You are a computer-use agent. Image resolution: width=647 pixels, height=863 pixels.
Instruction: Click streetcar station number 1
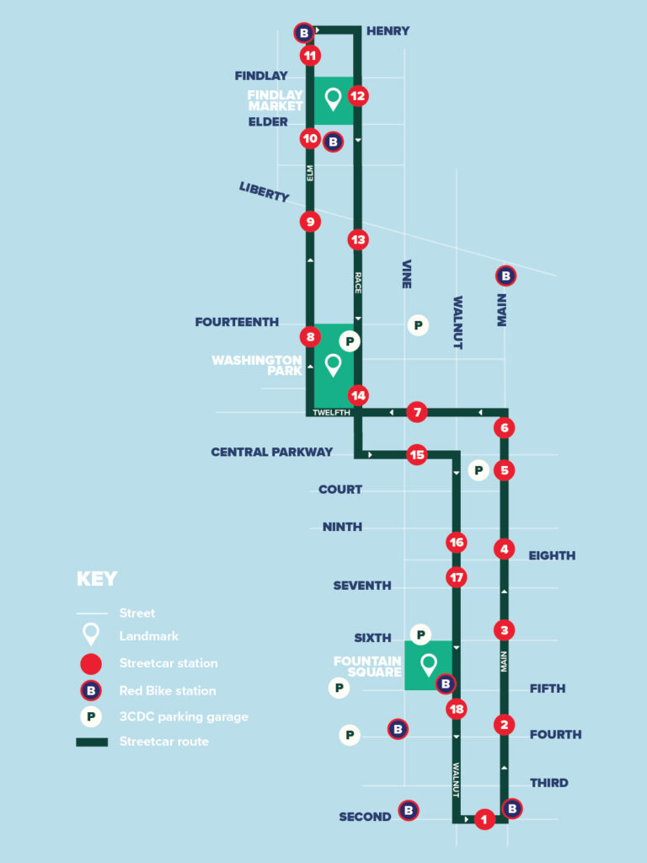(484, 818)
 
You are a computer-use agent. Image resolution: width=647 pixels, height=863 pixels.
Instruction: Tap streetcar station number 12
(358, 96)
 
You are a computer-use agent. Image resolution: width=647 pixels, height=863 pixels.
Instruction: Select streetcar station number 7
(416, 412)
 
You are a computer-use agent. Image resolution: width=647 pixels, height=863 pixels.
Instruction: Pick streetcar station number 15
(416, 454)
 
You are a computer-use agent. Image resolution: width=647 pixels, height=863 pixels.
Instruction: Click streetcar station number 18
(457, 709)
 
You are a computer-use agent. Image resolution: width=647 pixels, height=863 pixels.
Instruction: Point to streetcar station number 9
(311, 222)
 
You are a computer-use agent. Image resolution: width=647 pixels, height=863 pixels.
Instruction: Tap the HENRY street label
(388, 31)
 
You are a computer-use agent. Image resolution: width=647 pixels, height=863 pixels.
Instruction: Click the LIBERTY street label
(264, 191)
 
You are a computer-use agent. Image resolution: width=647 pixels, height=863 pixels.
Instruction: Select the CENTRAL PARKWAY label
(271, 452)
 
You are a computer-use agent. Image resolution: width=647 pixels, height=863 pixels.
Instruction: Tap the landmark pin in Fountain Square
(428, 665)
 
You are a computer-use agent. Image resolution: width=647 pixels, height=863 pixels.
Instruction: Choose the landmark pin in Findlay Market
(333, 99)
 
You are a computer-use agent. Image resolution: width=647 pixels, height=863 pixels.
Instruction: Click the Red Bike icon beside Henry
(304, 33)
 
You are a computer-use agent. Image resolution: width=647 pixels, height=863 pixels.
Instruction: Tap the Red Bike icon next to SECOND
(409, 811)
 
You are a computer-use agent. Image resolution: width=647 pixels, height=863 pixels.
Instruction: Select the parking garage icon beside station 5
(479, 470)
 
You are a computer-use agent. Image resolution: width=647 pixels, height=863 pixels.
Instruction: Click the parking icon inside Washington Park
(350, 341)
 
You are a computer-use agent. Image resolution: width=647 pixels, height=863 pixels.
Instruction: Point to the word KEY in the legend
(97, 579)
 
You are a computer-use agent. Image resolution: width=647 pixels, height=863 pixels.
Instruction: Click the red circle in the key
(91, 663)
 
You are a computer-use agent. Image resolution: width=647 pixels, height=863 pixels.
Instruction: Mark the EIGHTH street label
(552, 555)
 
